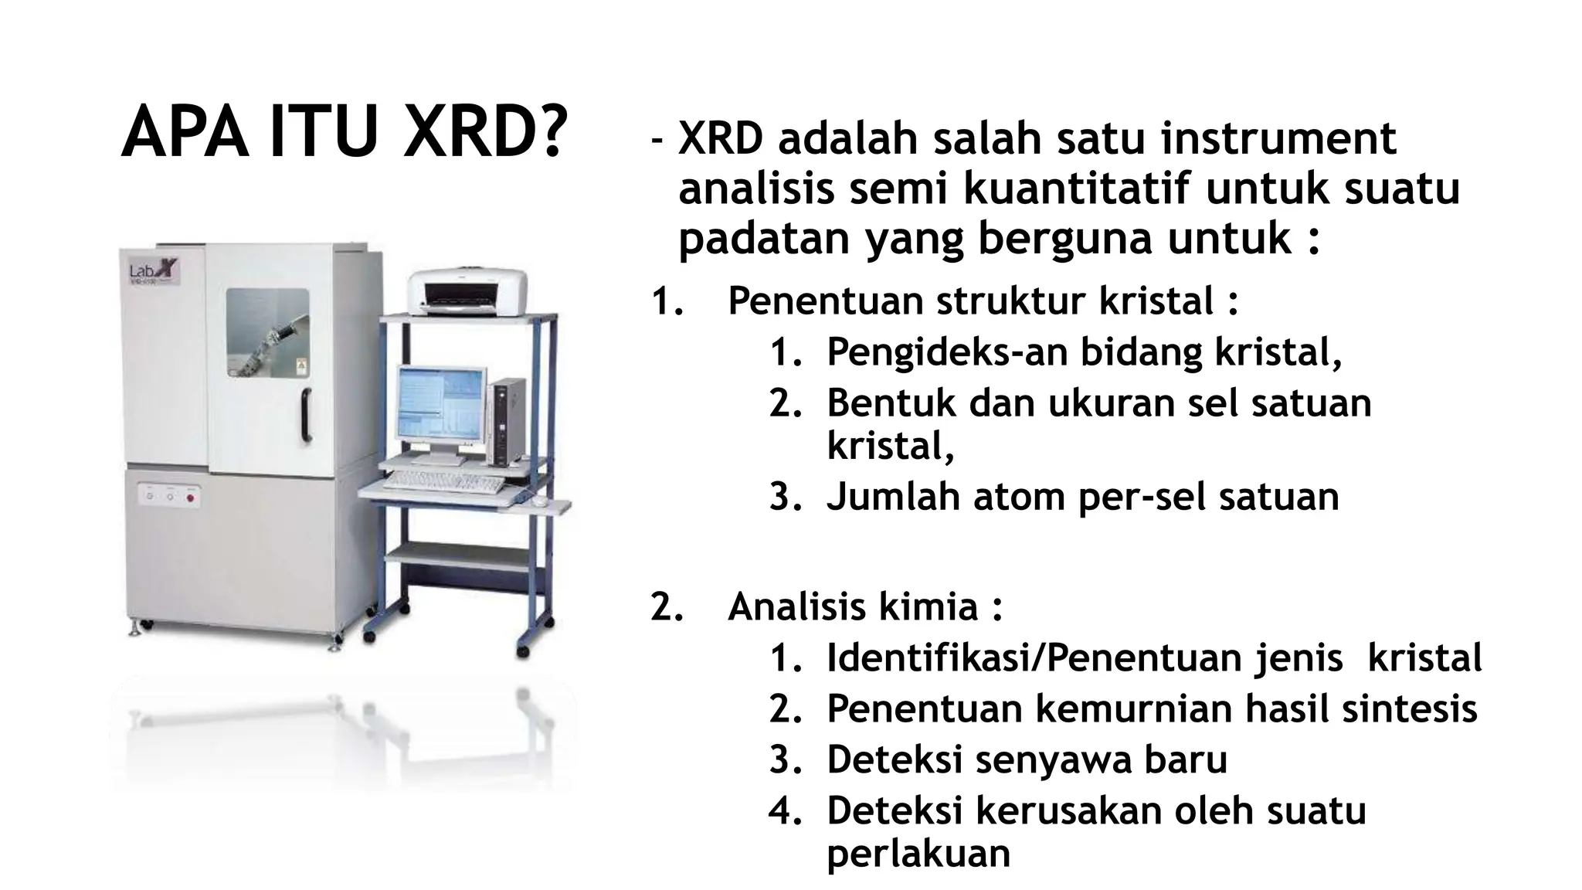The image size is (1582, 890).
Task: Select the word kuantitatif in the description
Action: point(1077,189)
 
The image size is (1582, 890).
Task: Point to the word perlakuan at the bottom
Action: point(918,854)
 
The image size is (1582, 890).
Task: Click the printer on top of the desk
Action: point(467,292)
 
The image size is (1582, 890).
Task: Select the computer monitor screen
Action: point(440,402)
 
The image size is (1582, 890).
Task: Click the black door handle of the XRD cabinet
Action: point(307,415)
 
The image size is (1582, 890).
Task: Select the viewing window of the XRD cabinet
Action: point(268,332)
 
